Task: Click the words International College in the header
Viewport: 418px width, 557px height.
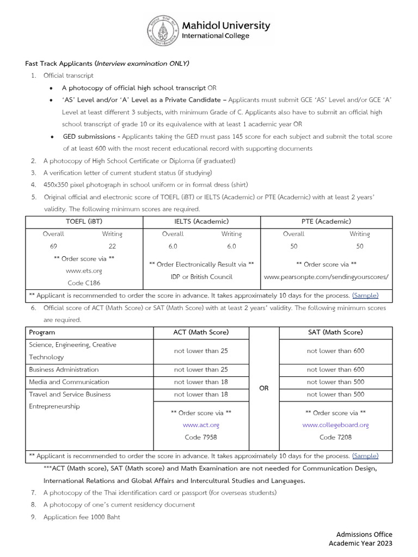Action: [x=216, y=36]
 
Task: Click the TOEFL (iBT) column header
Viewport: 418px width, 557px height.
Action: [x=84, y=221]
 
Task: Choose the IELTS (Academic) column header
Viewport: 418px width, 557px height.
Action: [x=201, y=221]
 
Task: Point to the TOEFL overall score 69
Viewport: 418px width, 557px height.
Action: [x=53, y=246]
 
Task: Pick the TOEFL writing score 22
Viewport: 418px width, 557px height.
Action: [x=112, y=246]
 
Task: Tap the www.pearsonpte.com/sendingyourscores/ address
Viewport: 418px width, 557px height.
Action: [x=326, y=277]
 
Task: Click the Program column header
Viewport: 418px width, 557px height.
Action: [x=42, y=332]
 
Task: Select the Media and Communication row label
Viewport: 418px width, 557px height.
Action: [x=69, y=382]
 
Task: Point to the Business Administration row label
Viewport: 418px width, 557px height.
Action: [x=64, y=369]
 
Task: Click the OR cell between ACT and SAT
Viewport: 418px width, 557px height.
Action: [x=264, y=388]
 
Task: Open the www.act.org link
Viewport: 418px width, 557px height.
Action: [x=201, y=425]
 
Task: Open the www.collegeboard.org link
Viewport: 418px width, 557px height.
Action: [x=335, y=425]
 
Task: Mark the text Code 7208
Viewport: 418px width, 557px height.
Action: [x=335, y=437]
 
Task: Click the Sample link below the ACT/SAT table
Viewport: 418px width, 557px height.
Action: [x=365, y=456]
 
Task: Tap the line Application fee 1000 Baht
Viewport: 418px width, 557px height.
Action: [x=82, y=517]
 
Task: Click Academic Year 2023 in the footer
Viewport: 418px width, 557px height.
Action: [x=360, y=543]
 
